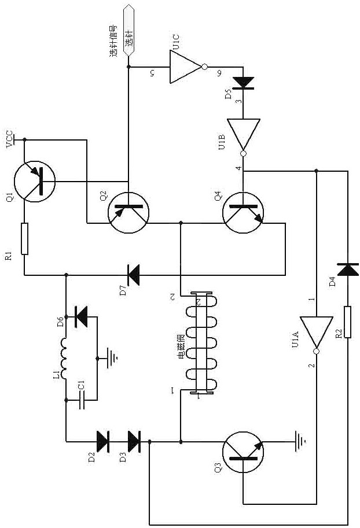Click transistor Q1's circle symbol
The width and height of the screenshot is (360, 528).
pyautogui.click(x=35, y=182)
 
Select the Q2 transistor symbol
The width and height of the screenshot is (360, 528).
pyautogui.click(x=128, y=212)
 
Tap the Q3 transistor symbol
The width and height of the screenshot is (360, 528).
pyautogui.click(x=243, y=452)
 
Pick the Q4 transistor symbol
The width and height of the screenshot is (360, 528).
pyautogui.click(x=243, y=212)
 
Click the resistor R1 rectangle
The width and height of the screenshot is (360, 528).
pyautogui.click(x=24, y=238)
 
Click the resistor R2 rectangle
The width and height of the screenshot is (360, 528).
pyautogui.click(x=347, y=322)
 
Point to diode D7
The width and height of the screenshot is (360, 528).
pyautogui.click(x=134, y=275)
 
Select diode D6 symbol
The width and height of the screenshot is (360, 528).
pyautogui.click(x=81, y=316)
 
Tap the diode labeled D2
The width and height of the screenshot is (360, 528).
pyautogui.click(x=102, y=441)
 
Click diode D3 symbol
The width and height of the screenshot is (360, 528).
pyautogui.click(x=134, y=441)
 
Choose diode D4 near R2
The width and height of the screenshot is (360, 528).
pyautogui.click(x=347, y=269)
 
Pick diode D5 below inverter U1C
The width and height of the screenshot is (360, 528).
pyautogui.click(x=243, y=83)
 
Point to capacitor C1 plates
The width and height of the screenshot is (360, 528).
pyautogui.click(x=81, y=400)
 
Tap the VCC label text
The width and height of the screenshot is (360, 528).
pyautogui.click(x=10, y=140)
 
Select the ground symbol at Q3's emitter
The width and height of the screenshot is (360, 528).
pyautogui.click(x=300, y=441)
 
